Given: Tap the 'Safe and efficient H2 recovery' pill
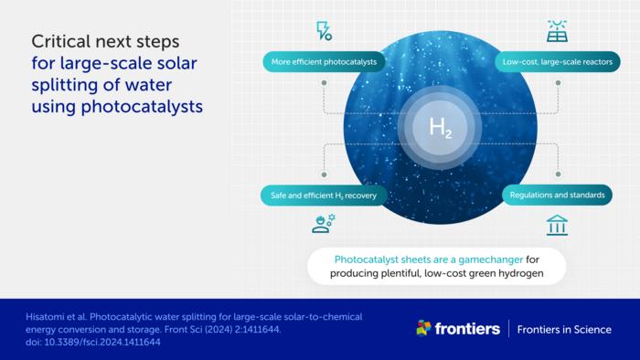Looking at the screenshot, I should [324, 196].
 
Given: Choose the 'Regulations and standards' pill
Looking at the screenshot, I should [557, 196].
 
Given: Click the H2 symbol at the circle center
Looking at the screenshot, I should [441, 129].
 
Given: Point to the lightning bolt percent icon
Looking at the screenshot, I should [324, 30].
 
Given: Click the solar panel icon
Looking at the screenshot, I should [557, 30].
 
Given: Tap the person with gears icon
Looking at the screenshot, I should [324, 223].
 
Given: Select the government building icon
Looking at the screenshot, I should [557, 225].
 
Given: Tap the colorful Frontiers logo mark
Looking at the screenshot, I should [423, 328].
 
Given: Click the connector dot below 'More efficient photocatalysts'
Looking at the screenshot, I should [324, 82].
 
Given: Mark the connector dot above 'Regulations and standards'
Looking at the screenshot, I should [557, 173].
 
